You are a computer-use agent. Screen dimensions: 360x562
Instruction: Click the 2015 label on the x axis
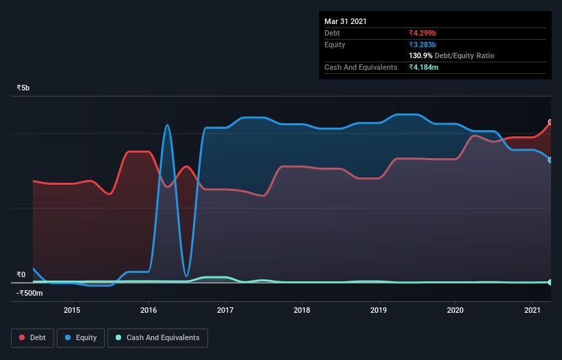coord(72,310)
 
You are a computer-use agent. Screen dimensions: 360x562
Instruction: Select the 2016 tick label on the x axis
coord(149,310)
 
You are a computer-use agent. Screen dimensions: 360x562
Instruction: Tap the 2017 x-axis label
coord(225,310)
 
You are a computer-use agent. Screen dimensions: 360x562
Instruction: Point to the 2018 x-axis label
coord(302,310)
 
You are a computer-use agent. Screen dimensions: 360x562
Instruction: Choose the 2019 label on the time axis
coord(379,310)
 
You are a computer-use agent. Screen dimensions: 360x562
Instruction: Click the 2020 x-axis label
coord(455,310)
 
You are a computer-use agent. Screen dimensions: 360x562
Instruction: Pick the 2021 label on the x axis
coord(532,310)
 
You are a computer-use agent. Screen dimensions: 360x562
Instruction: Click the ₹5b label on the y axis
coord(23,88)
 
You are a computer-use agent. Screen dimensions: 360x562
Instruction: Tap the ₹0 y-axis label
coord(21,275)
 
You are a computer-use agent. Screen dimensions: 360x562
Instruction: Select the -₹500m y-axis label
coord(30,294)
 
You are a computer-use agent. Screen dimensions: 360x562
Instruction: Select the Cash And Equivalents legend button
coord(157,337)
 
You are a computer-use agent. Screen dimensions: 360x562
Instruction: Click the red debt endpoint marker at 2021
coord(550,123)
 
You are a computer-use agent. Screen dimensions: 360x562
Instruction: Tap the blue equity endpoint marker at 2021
coord(550,159)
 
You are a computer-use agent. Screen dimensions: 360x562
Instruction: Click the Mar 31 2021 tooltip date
coord(346,21)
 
